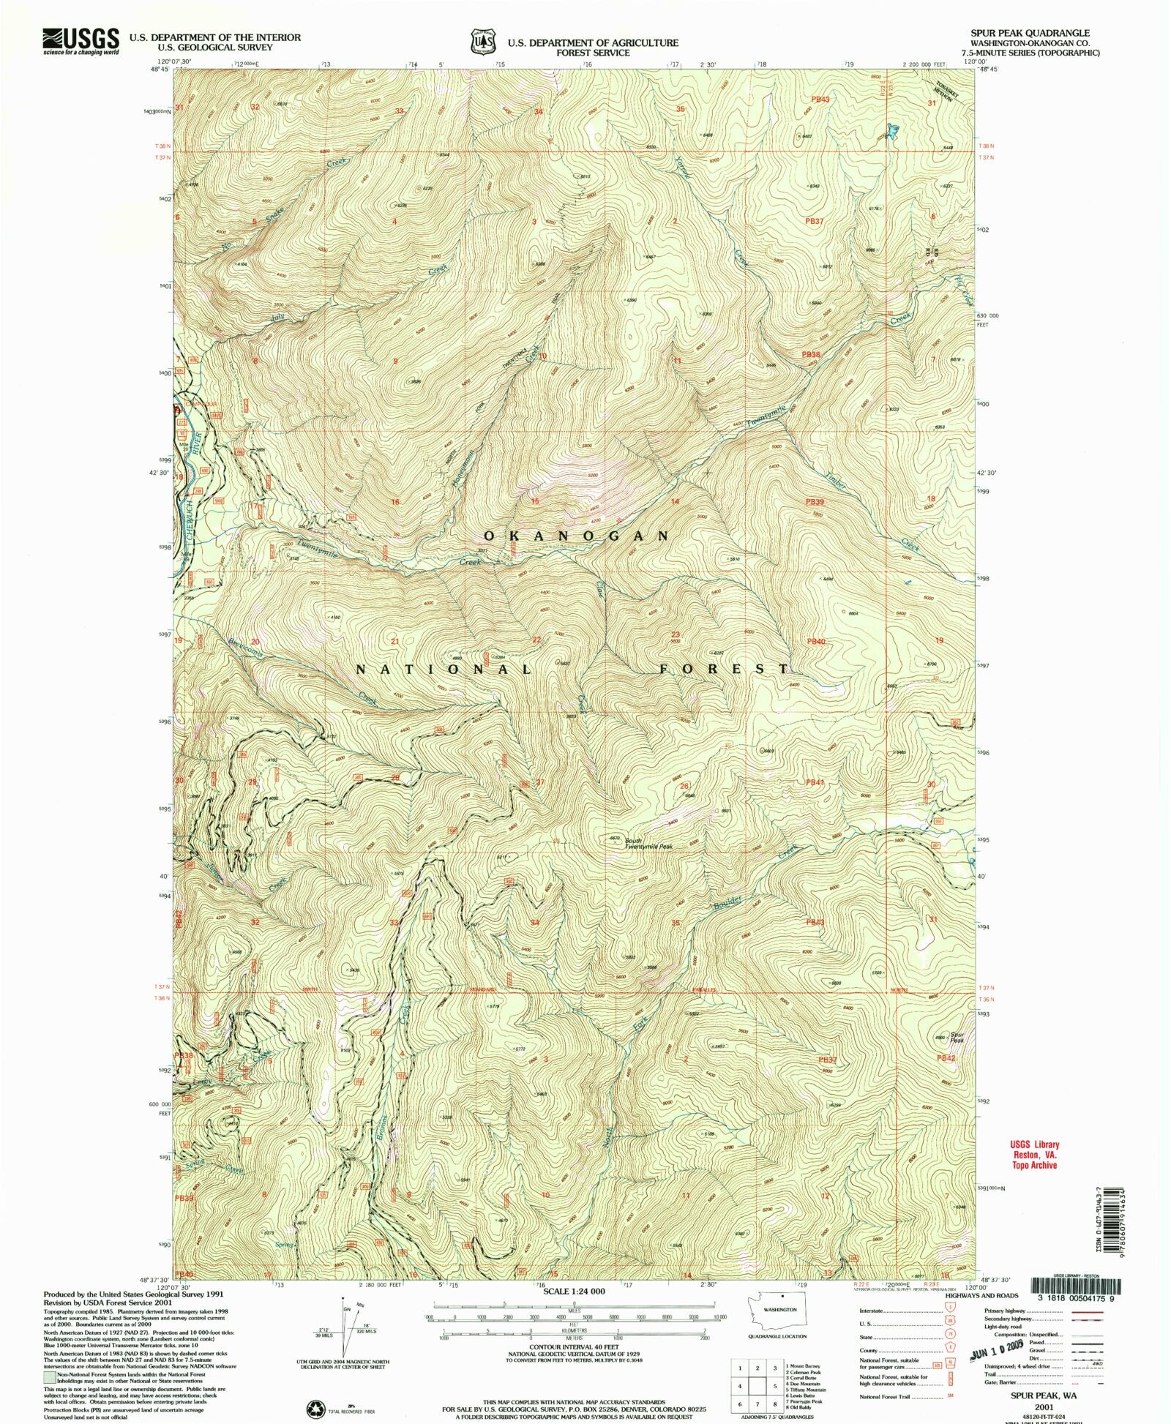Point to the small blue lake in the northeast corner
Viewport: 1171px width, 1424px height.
(894, 132)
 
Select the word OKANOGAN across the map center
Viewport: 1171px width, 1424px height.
(575, 536)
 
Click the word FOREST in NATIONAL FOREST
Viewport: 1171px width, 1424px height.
(724, 669)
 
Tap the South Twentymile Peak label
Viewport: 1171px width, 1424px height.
(648, 843)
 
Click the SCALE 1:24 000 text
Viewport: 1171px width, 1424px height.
(575, 1291)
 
